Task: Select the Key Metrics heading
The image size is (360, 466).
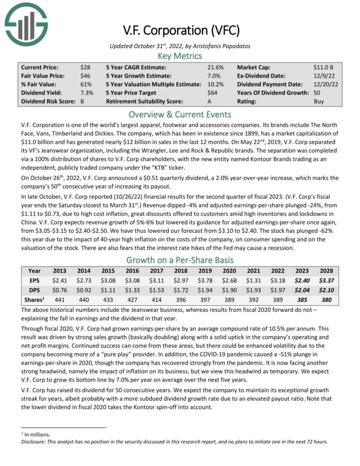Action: [180, 56]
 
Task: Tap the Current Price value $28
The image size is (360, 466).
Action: [86, 67]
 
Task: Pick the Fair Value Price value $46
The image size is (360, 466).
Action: [86, 76]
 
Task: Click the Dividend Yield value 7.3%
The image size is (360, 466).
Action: [87, 93]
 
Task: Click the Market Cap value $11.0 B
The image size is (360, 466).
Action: [323, 67]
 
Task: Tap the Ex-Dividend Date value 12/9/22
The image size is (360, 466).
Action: [324, 76]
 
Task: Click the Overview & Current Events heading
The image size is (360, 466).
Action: [180, 114]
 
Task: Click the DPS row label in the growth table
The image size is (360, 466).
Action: [34, 290]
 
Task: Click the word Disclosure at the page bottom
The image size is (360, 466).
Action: [35, 441]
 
